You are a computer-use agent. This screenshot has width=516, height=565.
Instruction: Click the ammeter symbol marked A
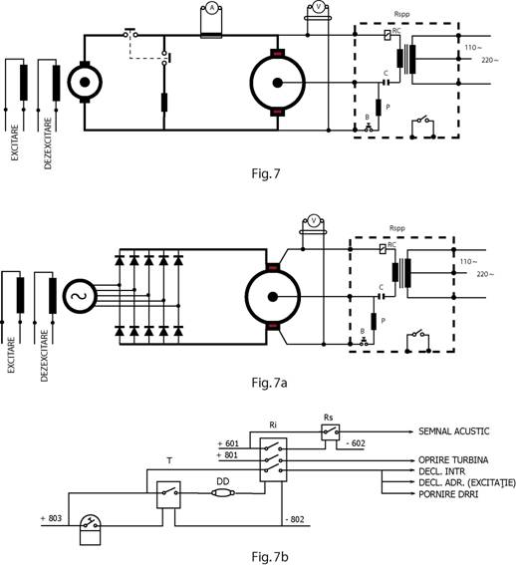(212, 8)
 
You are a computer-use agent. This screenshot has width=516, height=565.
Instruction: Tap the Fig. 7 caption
(266, 173)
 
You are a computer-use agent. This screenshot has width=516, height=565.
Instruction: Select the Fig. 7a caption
(269, 383)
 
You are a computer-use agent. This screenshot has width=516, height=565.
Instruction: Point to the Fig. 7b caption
(270, 557)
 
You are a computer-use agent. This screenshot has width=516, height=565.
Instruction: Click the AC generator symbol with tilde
(80, 296)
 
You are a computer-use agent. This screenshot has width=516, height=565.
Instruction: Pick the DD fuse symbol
(223, 492)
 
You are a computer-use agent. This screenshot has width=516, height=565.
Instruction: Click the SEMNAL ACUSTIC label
(453, 431)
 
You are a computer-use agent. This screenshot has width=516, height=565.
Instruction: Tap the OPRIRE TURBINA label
(453, 460)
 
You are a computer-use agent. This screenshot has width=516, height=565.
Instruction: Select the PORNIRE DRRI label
(448, 494)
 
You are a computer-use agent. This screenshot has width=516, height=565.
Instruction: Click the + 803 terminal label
(51, 518)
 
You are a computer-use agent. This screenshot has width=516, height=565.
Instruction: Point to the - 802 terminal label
(295, 519)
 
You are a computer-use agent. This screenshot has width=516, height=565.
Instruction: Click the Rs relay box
(330, 432)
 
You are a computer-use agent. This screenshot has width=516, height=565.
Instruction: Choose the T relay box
(168, 494)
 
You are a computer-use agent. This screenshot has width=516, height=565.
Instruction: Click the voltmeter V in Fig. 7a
(313, 220)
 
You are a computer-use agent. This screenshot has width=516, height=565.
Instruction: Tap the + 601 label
(228, 443)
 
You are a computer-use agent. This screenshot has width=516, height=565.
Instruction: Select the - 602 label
(356, 443)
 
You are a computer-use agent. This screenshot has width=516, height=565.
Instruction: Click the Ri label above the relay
(273, 424)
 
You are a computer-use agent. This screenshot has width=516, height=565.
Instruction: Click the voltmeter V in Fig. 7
(318, 7)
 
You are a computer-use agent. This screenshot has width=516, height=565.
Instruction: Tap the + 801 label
(227, 455)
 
